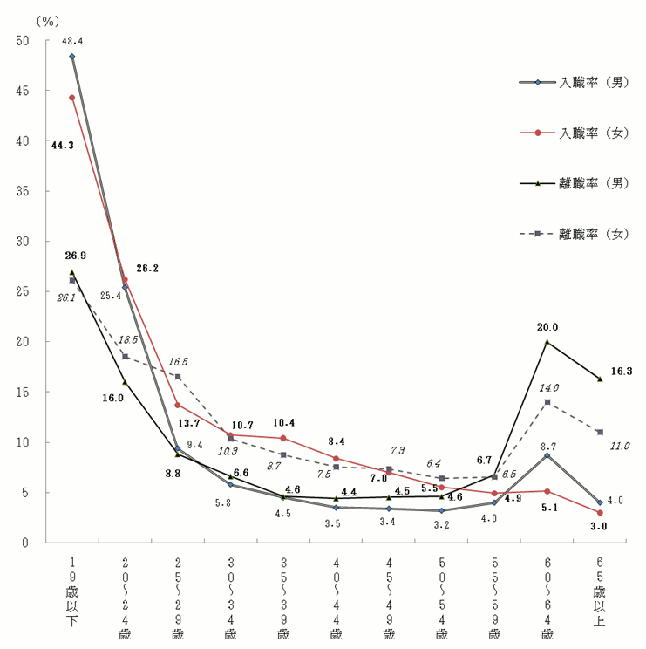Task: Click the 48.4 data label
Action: pyautogui.click(x=72, y=41)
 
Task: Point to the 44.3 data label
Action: pyautogui.click(x=62, y=145)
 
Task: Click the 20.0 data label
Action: pyautogui.click(x=547, y=327)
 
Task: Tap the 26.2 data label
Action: pyautogui.click(x=146, y=269)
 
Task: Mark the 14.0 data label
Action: pyautogui.click(x=548, y=388)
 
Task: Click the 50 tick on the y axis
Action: pyautogui.click(x=22, y=40)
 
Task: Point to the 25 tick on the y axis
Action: pyautogui.click(x=22, y=291)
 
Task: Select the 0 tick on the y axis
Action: pyautogui.click(x=26, y=543)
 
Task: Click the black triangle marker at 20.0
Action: pyautogui.click(x=547, y=342)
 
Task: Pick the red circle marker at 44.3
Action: pyautogui.click(x=71, y=98)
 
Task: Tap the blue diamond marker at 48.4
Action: pyautogui.click(x=71, y=57)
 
